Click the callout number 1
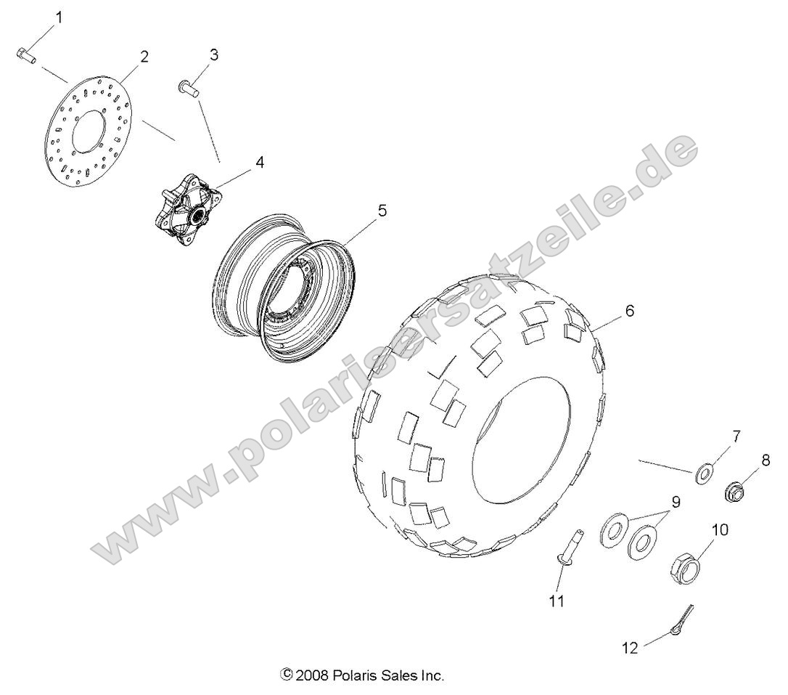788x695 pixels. (59, 17)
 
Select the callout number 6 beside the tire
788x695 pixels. (629, 311)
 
